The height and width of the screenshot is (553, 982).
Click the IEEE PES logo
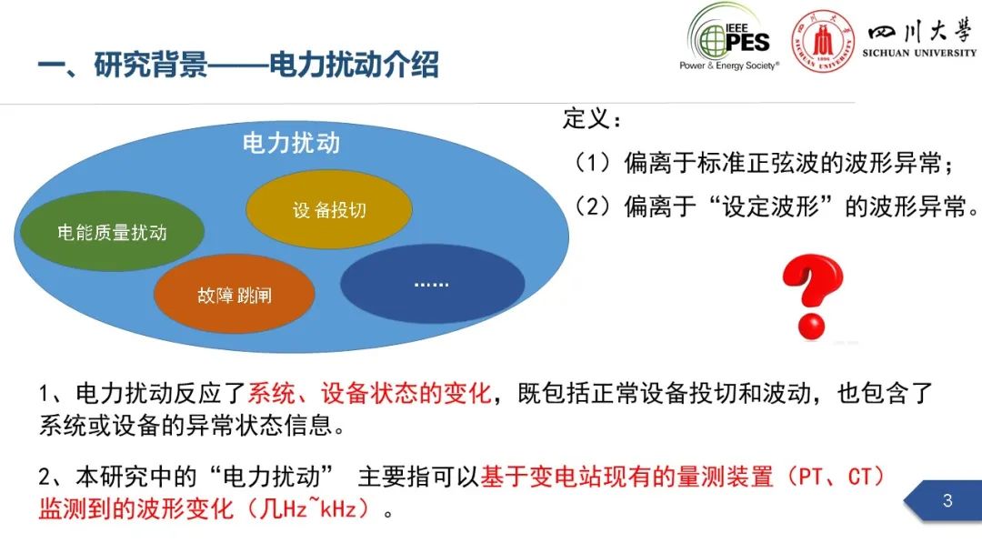pos(729,37)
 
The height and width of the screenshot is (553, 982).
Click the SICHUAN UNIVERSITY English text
pos(919,54)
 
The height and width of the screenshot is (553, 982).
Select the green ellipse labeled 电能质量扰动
pos(112,231)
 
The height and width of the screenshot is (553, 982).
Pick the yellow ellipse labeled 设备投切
pos(329,209)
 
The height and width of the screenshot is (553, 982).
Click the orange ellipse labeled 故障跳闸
pos(235,295)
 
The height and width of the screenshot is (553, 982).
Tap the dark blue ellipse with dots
pos(432,284)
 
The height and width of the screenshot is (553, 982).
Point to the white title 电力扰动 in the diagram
pos(291,143)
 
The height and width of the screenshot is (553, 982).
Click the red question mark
pos(813,297)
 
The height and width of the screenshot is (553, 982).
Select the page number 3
pos(947,500)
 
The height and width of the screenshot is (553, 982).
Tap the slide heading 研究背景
pos(150,65)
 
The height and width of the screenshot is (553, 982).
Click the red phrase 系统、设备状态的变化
pos(369,393)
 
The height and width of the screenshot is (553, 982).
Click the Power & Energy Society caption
pos(729,65)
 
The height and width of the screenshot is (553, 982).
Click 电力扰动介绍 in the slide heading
pos(354,65)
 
